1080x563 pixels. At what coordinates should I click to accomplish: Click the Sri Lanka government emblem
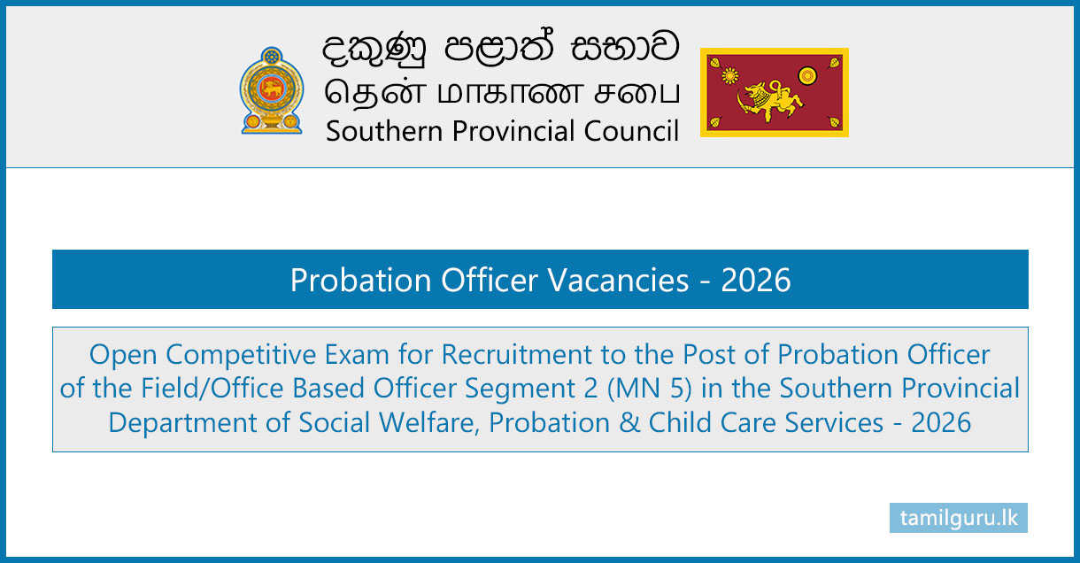[x=272, y=90]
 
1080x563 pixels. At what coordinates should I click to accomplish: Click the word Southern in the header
[x=384, y=131]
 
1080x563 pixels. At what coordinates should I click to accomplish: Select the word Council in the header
[x=631, y=131]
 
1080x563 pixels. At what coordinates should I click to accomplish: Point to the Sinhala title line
[x=501, y=48]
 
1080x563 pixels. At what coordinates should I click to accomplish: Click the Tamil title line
[x=502, y=93]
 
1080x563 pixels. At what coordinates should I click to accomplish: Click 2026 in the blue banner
[x=756, y=280]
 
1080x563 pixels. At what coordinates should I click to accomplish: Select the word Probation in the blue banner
[x=360, y=280]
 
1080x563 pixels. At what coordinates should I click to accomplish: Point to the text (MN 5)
[x=650, y=389]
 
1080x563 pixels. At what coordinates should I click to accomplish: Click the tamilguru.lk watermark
[x=959, y=518]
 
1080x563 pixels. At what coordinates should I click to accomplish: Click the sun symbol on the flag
[x=729, y=75]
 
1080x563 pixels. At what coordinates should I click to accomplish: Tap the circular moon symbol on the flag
[x=807, y=75]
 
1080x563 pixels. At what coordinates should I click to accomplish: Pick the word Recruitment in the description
[x=516, y=355]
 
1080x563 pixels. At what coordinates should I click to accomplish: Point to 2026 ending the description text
[x=941, y=423]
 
